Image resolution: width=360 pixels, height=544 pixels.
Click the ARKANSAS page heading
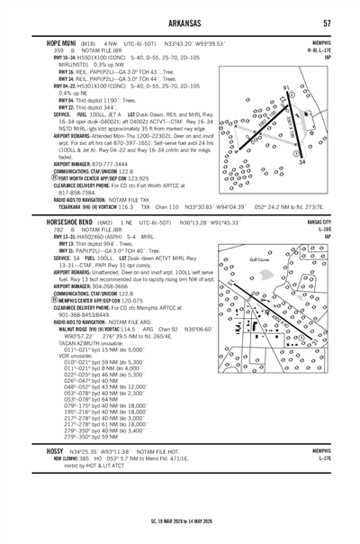pyautogui.click(x=179, y=23)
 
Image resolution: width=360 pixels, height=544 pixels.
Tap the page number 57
pyautogui.click(x=329, y=23)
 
